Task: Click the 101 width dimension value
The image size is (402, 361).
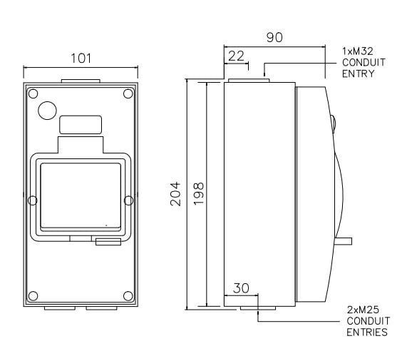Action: tap(83, 58)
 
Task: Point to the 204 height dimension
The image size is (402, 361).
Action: tap(176, 193)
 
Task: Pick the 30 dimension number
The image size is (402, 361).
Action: tap(242, 288)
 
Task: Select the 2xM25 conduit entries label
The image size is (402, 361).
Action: tap(367, 321)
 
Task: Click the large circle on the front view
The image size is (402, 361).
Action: tap(48, 111)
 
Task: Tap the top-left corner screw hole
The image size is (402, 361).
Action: tap(33, 93)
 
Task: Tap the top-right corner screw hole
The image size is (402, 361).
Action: tap(128, 93)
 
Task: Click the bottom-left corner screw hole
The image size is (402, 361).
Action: tap(33, 295)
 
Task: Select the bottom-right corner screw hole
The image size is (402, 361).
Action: tap(128, 295)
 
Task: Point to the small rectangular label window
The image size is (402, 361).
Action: tap(81, 125)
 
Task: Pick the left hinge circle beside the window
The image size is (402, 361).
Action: tap(31, 200)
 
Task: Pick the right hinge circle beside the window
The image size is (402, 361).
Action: tap(130, 200)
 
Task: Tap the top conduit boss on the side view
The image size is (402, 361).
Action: tap(246, 80)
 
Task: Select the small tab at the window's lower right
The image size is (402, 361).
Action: tap(108, 243)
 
